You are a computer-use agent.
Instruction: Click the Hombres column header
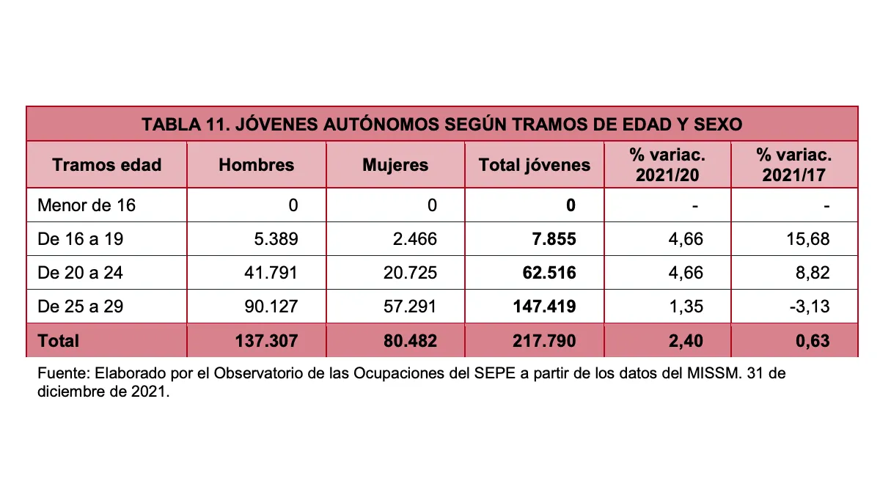256,165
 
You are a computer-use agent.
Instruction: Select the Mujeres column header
395,165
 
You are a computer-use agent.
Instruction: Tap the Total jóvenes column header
535,165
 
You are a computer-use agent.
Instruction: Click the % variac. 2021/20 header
667,165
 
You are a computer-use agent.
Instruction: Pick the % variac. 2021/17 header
794,165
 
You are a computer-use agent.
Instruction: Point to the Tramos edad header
107,165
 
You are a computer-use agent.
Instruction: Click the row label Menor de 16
87,205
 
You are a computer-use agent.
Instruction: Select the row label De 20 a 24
80,273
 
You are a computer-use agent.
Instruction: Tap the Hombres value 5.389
276,239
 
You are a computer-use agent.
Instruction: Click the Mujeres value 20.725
410,273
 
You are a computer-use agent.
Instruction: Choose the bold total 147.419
544,307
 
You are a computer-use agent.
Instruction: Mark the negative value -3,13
810,307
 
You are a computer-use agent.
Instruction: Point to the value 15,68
808,239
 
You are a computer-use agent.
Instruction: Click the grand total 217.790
544,340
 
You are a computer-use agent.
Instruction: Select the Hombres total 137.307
266,340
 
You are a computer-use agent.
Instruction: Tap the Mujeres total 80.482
410,340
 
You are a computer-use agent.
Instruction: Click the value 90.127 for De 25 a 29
271,307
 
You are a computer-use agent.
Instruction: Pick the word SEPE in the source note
494,373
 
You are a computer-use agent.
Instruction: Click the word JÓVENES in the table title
276,124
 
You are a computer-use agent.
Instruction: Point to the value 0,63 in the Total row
813,340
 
